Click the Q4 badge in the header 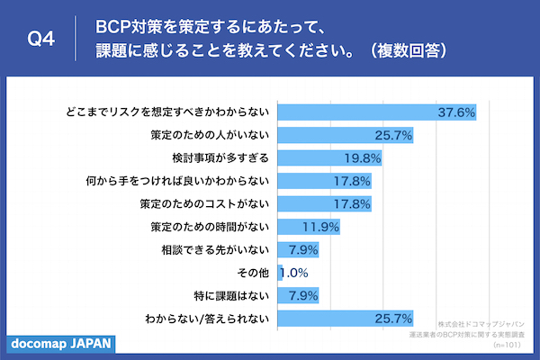click(x=41, y=40)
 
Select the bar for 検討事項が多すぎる click(x=330, y=158)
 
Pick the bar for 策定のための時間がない click(x=309, y=226)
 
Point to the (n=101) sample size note click(x=509, y=344)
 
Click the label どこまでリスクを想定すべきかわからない click(x=167, y=112)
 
